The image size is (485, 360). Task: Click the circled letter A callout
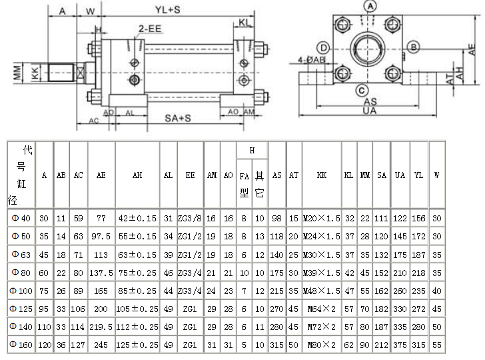point(370,5)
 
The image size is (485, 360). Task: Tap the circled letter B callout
point(414,47)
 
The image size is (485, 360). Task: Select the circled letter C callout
point(360,90)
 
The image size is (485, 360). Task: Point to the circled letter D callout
point(323,48)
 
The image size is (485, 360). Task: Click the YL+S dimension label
point(168,11)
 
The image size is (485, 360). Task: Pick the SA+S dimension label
point(178,118)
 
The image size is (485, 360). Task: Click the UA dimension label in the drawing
point(369,111)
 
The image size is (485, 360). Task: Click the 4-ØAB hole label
point(312,59)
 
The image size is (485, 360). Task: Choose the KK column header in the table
point(322,175)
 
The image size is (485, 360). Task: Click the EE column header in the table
point(191,175)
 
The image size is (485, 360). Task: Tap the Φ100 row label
point(21,291)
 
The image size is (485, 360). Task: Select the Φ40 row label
point(21,219)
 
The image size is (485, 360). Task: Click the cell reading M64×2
point(322,309)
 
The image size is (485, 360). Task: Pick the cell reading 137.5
point(101,273)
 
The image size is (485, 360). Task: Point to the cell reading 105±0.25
point(137,309)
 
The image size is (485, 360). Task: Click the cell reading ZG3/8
point(191,219)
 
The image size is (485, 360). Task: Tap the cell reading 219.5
point(101,327)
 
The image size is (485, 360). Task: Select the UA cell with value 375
point(400,345)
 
